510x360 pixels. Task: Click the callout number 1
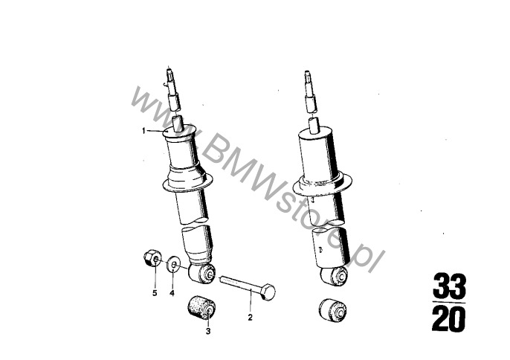143,131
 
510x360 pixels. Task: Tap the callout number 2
250,318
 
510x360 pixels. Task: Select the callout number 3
208,331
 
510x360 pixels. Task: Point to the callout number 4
172,293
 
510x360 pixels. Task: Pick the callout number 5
155,293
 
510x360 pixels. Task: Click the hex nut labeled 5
152,258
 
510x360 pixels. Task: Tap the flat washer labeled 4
174,264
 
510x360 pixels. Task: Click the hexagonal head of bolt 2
268,292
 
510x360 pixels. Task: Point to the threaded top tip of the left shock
170,75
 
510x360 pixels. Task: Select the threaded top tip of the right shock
309,77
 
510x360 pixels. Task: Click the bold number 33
450,286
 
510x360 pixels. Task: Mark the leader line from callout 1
155,131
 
